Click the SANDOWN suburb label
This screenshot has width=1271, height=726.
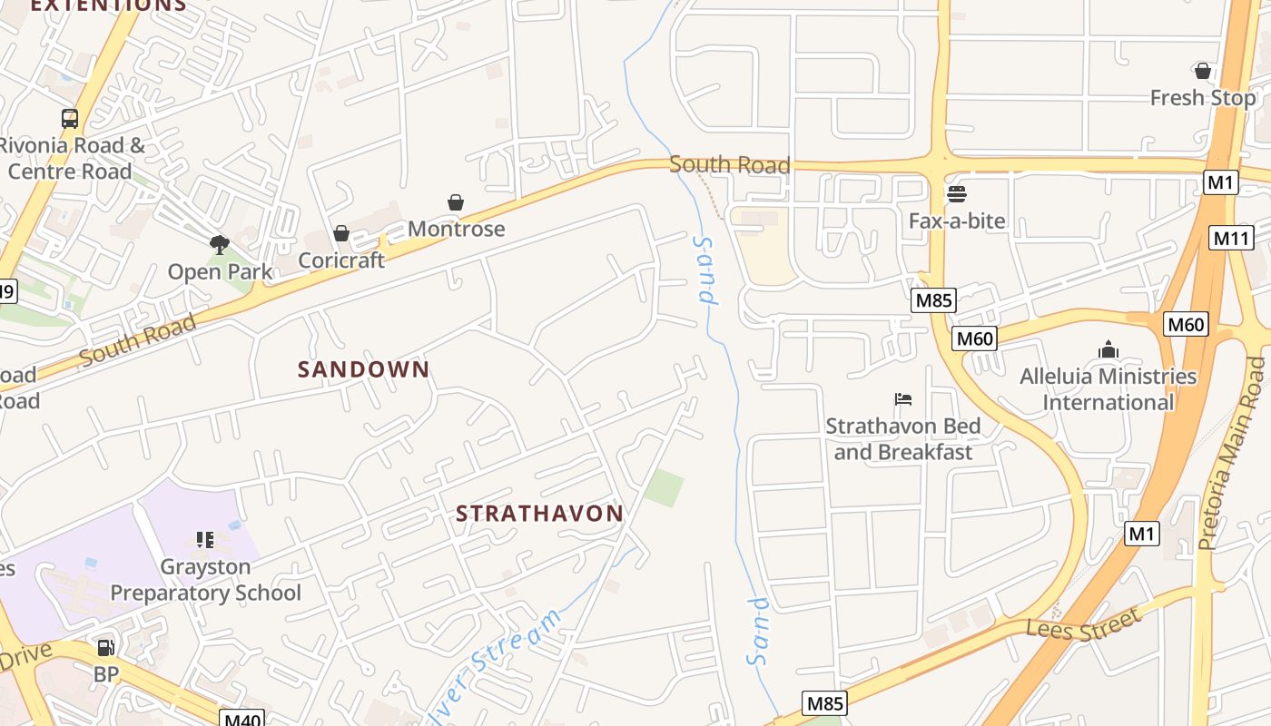coord(363,369)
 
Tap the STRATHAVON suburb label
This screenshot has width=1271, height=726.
coord(539,514)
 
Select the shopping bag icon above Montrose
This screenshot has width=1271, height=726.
coord(456,202)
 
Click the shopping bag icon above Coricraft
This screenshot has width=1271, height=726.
coord(341,234)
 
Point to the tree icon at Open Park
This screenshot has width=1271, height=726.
coord(219,244)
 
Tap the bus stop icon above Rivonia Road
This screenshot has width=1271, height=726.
coord(70,118)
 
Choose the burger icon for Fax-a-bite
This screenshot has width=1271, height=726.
coord(956,193)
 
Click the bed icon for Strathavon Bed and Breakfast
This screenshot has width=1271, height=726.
coord(902,398)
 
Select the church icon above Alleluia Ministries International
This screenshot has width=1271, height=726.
coord(1108,349)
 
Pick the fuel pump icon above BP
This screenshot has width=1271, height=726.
coord(106,648)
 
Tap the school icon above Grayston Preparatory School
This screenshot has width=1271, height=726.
coord(205,540)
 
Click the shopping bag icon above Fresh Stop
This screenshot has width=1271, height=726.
coord(1202,71)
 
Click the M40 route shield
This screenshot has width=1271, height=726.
coord(242,718)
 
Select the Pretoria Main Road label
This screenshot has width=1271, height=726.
coord(1232,454)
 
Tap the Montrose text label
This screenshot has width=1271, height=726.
coord(456,229)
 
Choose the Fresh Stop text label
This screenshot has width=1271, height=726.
coord(1202,98)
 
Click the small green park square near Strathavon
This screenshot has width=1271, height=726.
coord(665,488)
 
